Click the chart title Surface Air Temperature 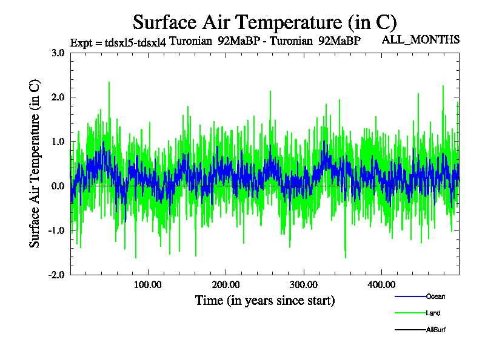click(264, 22)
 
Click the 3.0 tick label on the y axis click(58, 53)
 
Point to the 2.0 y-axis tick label click(58, 97)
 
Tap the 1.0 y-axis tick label click(58, 142)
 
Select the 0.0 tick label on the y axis click(58, 186)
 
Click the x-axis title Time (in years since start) click(265, 300)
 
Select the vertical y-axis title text click(35, 163)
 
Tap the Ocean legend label click(436, 296)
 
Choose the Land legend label click(433, 313)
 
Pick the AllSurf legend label click(436, 330)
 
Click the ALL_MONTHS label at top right click(421, 40)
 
